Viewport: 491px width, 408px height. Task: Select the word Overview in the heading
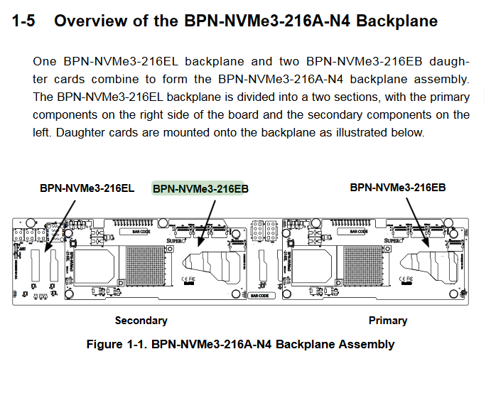[90, 21]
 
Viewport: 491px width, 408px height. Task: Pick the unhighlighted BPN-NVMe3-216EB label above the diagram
[397, 187]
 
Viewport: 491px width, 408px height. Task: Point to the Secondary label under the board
[141, 321]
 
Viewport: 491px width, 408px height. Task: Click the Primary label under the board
[387, 321]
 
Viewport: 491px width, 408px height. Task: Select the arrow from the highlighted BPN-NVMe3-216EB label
[207, 220]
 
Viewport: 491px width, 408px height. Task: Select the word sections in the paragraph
[286, 96]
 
